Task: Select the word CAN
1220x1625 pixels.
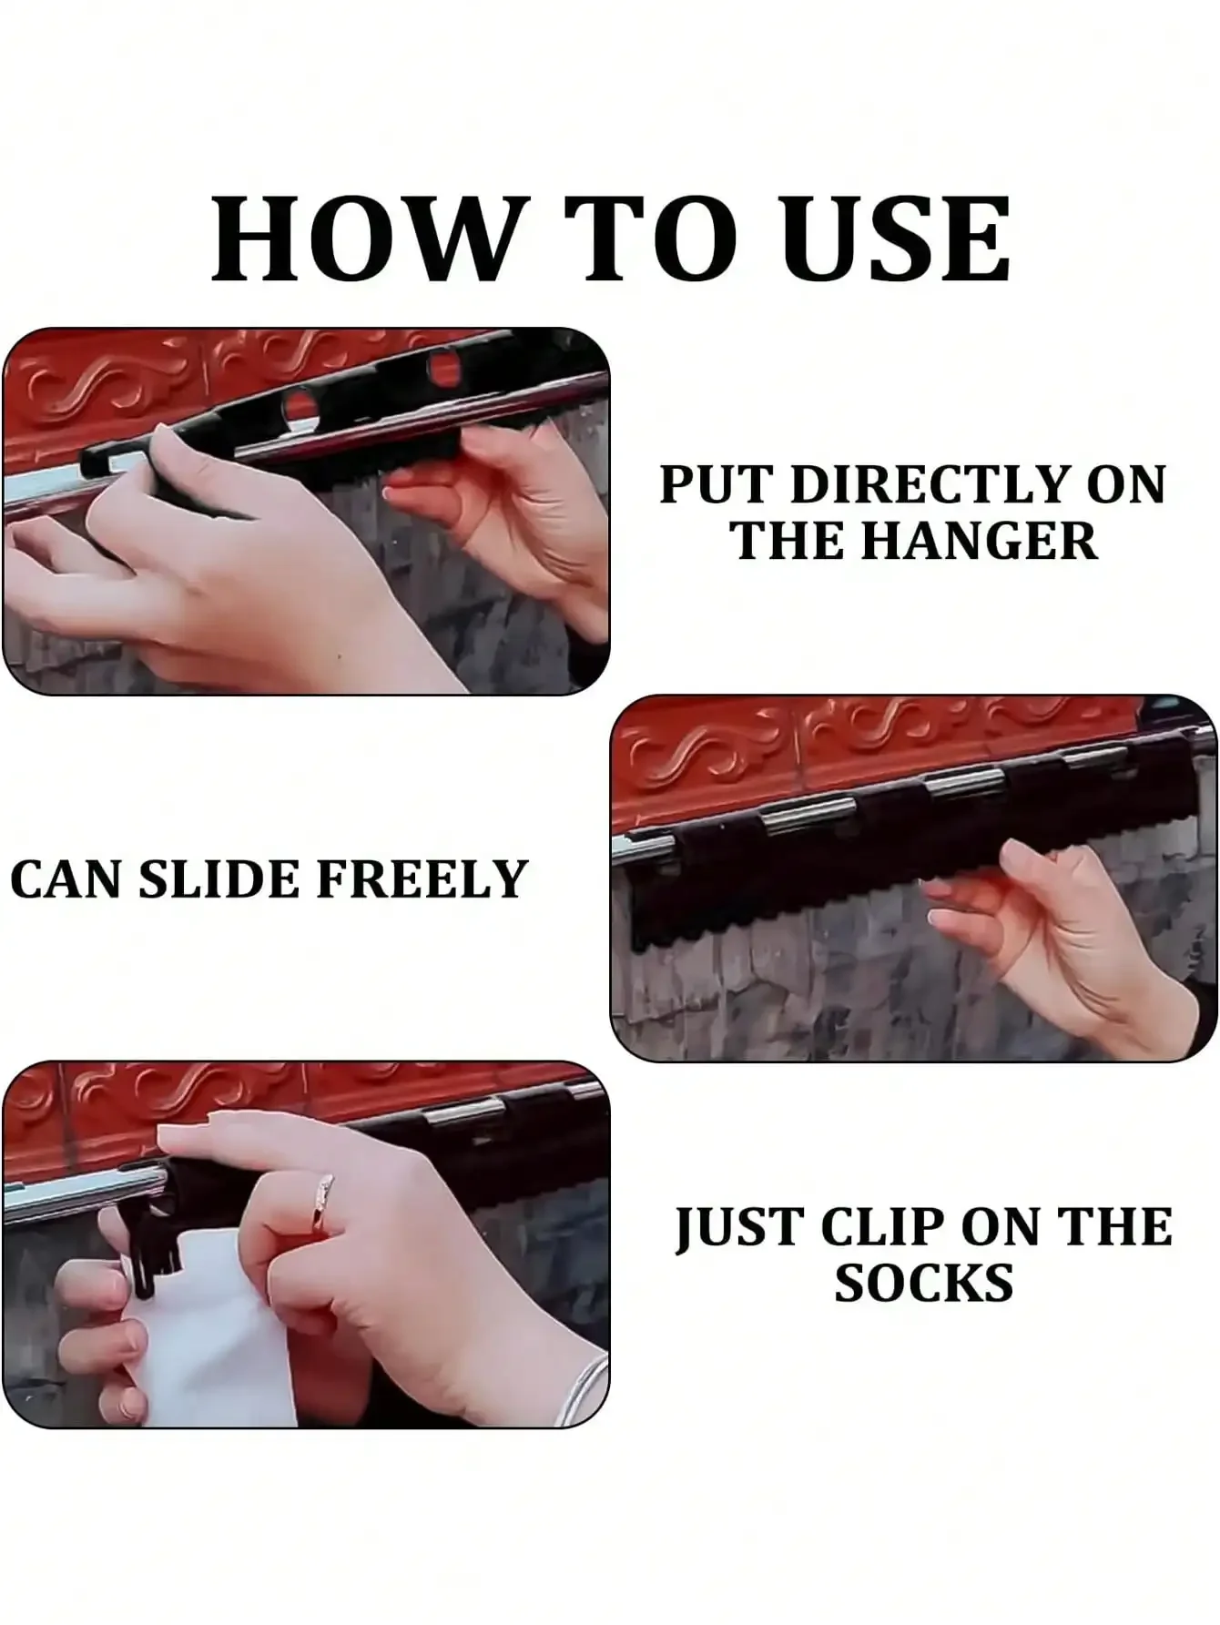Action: click(x=66, y=879)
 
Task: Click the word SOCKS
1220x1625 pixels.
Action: click(x=923, y=1284)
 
